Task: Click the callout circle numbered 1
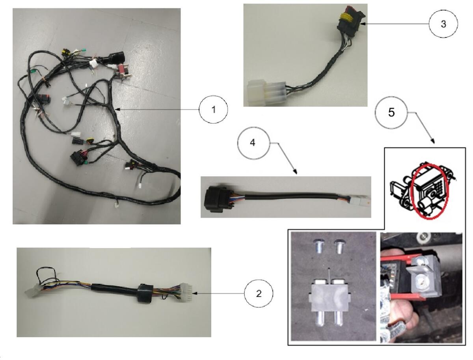(x=213, y=109)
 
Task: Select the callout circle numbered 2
(x=258, y=293)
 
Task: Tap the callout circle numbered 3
(x=443, y=24)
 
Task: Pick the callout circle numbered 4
(x=253, y=143)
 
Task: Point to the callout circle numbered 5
(x=391, y=112)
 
